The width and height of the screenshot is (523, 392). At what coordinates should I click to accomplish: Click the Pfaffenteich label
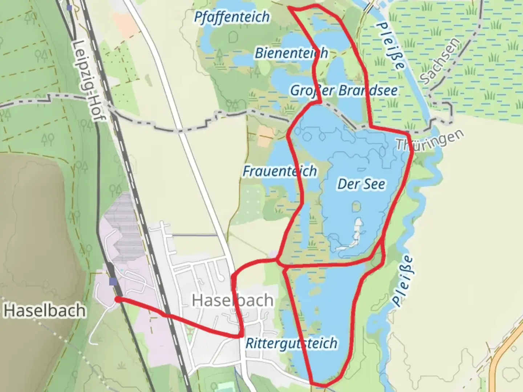(232, 17)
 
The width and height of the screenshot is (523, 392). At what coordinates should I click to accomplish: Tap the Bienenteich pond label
(291, 53)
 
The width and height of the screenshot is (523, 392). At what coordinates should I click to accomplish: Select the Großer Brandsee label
(344, 90)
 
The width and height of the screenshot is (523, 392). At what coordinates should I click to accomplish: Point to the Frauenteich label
(280, 171)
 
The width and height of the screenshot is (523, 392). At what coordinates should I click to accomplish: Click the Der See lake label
(361, 184)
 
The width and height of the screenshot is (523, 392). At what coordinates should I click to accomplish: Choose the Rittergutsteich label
(291, 343)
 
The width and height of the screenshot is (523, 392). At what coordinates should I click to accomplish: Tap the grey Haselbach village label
(232, 300)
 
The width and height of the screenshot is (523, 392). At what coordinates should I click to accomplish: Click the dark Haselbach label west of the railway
(45, 311)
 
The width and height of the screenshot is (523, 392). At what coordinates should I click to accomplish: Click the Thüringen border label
(430, 140)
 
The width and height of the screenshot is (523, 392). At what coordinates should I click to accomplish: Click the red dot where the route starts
(118, 299)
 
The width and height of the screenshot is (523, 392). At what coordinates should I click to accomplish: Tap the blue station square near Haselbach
(113, 281)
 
